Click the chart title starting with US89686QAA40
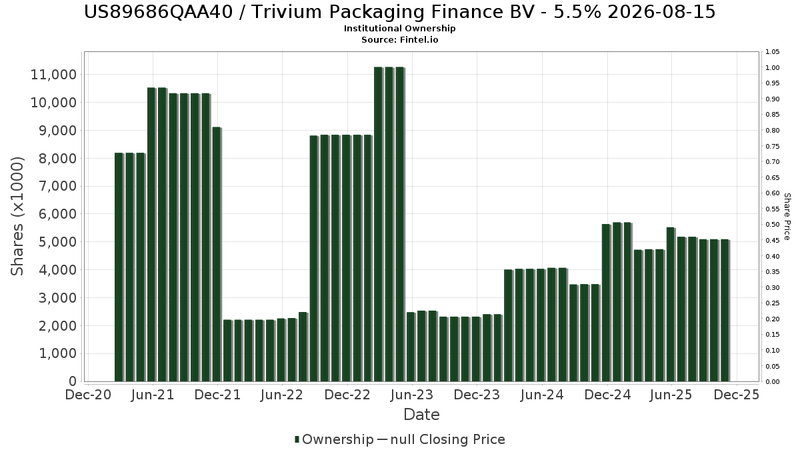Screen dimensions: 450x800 399,12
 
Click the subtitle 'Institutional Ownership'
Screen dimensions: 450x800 399,29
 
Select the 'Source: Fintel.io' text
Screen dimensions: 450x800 399,40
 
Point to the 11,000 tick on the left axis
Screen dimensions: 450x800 53,75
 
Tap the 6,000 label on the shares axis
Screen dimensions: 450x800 56,214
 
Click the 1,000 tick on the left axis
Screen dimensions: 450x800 56,354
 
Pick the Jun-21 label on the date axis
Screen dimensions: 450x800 153,395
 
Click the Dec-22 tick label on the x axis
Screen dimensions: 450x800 347,395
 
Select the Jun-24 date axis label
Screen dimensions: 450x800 542,395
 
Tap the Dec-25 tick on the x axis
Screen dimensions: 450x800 737,395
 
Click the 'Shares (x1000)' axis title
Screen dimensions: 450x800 18,216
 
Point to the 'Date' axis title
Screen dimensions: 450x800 421,415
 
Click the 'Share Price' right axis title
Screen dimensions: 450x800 787,216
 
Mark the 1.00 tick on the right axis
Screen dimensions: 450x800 773,68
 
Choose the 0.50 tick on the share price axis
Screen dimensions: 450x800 773,225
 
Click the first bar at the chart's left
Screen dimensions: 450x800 119,267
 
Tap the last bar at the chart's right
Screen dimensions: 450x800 724,311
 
